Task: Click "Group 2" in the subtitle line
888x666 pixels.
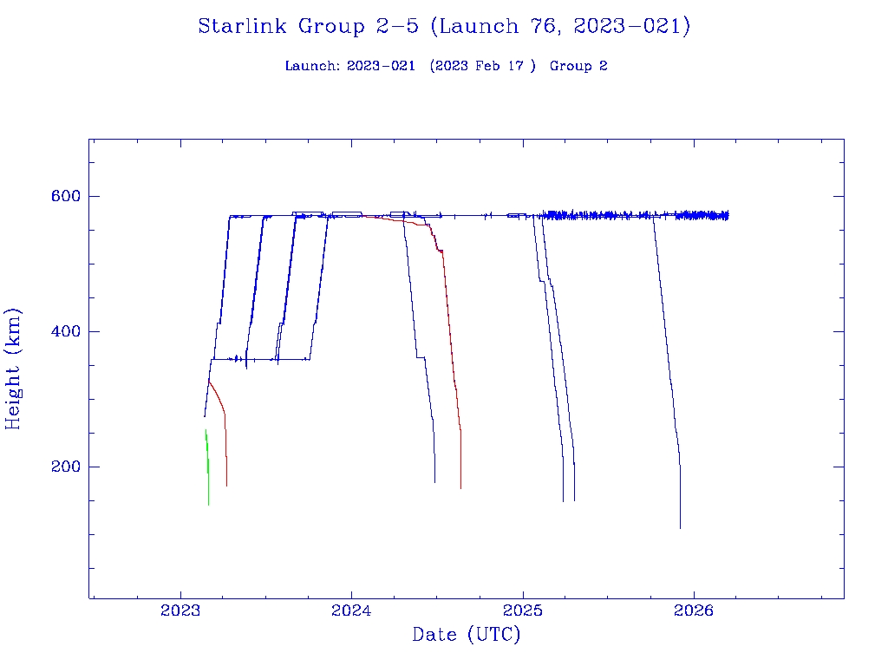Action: (578, 66)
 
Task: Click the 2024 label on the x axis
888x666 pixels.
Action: (351, 610)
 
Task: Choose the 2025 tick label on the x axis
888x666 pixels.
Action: (523, 610)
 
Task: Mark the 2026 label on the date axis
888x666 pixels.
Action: (694, 610)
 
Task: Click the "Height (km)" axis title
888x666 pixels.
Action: (14, 369)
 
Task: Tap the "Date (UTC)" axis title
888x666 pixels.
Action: (467, 635)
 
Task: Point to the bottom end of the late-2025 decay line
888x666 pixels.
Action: (680, 526)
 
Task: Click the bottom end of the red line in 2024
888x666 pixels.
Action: (460, 487)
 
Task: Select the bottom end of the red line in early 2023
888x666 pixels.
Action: (226, 485)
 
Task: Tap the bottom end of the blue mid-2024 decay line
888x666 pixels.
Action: (434, 481)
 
